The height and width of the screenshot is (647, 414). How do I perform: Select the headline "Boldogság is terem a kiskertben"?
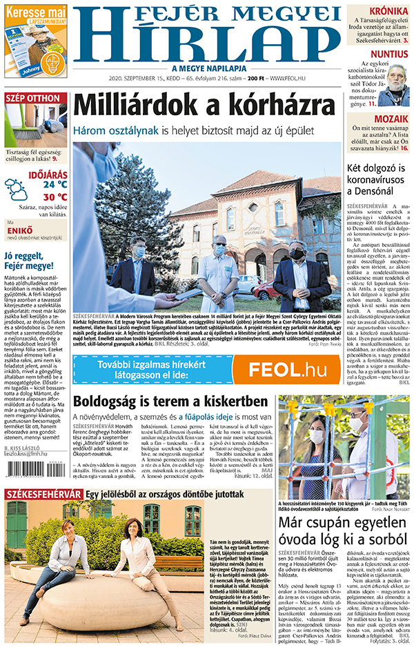170,401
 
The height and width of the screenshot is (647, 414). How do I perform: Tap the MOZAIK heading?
391,119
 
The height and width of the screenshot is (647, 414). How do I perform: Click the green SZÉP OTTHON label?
33,99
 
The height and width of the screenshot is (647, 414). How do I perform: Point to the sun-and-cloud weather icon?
17,189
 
